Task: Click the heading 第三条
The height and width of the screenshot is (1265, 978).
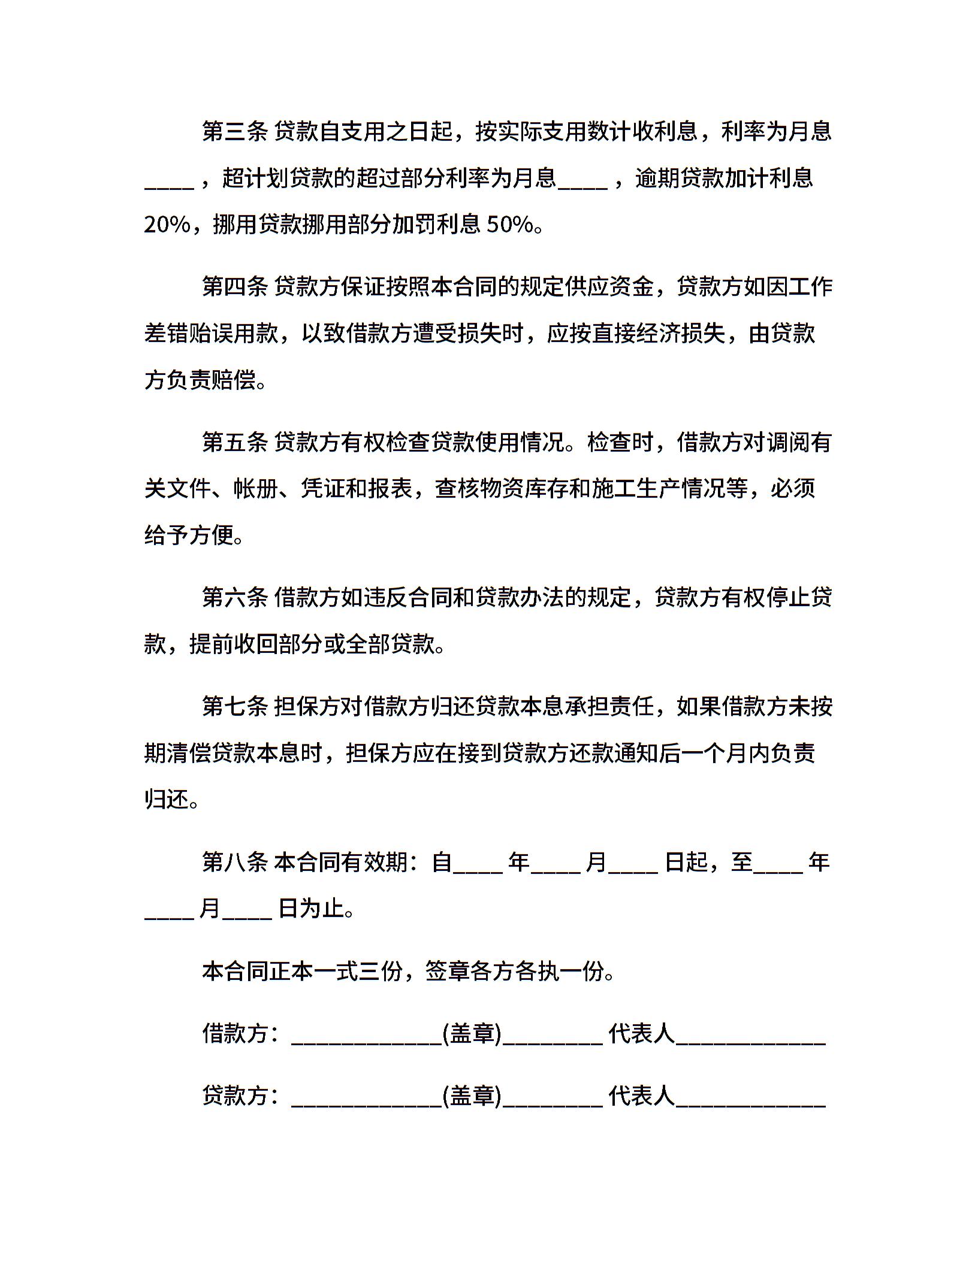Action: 234,132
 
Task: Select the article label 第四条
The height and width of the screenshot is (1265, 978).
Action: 234,287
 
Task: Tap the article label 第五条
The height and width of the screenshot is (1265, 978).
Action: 234,443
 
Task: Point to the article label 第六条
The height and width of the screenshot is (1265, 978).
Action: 234,598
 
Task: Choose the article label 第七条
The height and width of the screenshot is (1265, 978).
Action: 234,707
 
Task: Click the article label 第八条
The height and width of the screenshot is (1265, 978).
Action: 234,862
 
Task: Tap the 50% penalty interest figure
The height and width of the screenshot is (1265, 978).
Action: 510,225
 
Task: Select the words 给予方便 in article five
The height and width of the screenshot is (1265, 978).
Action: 189,535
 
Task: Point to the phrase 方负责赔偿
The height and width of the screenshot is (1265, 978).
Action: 200,380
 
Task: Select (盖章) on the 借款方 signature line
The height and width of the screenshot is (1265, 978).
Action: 472,1034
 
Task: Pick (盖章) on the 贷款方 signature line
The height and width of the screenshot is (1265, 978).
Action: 472,1096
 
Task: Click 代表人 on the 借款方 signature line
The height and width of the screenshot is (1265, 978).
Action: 641,1034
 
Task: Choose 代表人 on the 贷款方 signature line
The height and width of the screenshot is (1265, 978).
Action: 641,1096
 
